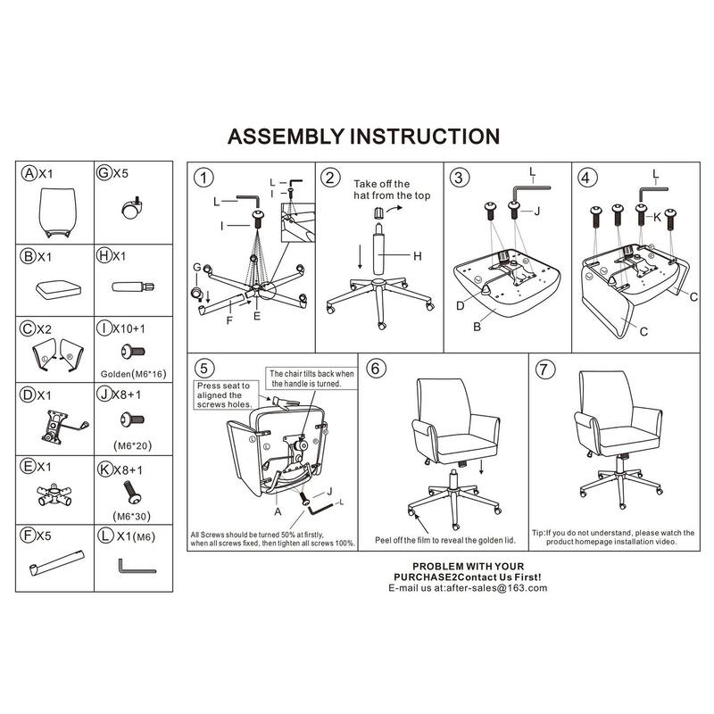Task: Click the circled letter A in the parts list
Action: (x=29, y=173)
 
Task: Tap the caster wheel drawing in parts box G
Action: (x=132, y=208)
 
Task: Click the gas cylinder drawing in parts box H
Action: (x=133, y=286)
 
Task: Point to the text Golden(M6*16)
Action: (x=133, y=374)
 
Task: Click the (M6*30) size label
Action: (x=131, y=517)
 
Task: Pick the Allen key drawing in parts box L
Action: (x=137, y=567)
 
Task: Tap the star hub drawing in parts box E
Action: (x=54, y=495)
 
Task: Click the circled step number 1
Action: (x=203, y=178)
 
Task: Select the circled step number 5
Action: (x=204, y=369)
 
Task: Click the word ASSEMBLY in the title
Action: (x=286, y=137)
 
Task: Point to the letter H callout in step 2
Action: (x=418, y=256)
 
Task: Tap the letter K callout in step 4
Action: (x=657, y=217)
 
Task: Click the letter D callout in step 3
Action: (x=461, y=306)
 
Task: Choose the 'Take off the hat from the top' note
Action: (x=392, y=190)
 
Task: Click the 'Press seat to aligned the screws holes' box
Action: (x=226, y=394)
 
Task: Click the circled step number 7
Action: (x=545, y=369)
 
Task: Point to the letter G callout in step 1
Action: (x=196, y=267)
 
